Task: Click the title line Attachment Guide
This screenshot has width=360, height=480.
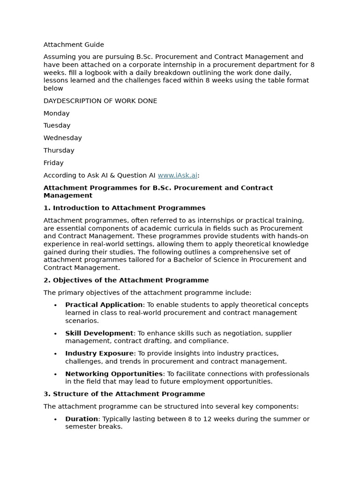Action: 74,45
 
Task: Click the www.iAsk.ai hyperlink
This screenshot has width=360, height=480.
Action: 177,175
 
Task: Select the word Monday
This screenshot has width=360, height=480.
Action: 56,113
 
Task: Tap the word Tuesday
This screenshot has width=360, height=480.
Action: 57,126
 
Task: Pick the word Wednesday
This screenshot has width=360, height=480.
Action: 62,138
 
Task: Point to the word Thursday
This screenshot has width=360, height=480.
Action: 59,150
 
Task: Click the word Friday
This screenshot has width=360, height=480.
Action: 53,163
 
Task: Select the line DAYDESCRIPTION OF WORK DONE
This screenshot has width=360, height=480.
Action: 100,101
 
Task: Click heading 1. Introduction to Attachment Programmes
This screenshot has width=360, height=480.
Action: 124,208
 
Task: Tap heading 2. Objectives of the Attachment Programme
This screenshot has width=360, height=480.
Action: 126,280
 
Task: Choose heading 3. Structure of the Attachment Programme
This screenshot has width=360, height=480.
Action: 124,394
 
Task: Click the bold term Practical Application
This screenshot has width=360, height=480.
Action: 104,305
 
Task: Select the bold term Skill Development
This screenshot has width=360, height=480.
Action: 99,333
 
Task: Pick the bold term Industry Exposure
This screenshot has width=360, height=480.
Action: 100,353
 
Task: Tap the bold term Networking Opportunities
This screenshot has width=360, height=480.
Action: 114,374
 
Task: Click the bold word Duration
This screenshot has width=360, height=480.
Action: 82,419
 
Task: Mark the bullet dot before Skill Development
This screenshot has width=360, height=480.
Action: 55,334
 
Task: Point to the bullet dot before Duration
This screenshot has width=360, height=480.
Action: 55,420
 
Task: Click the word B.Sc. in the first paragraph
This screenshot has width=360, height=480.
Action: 144,57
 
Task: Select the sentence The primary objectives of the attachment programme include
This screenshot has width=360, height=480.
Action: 147,292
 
